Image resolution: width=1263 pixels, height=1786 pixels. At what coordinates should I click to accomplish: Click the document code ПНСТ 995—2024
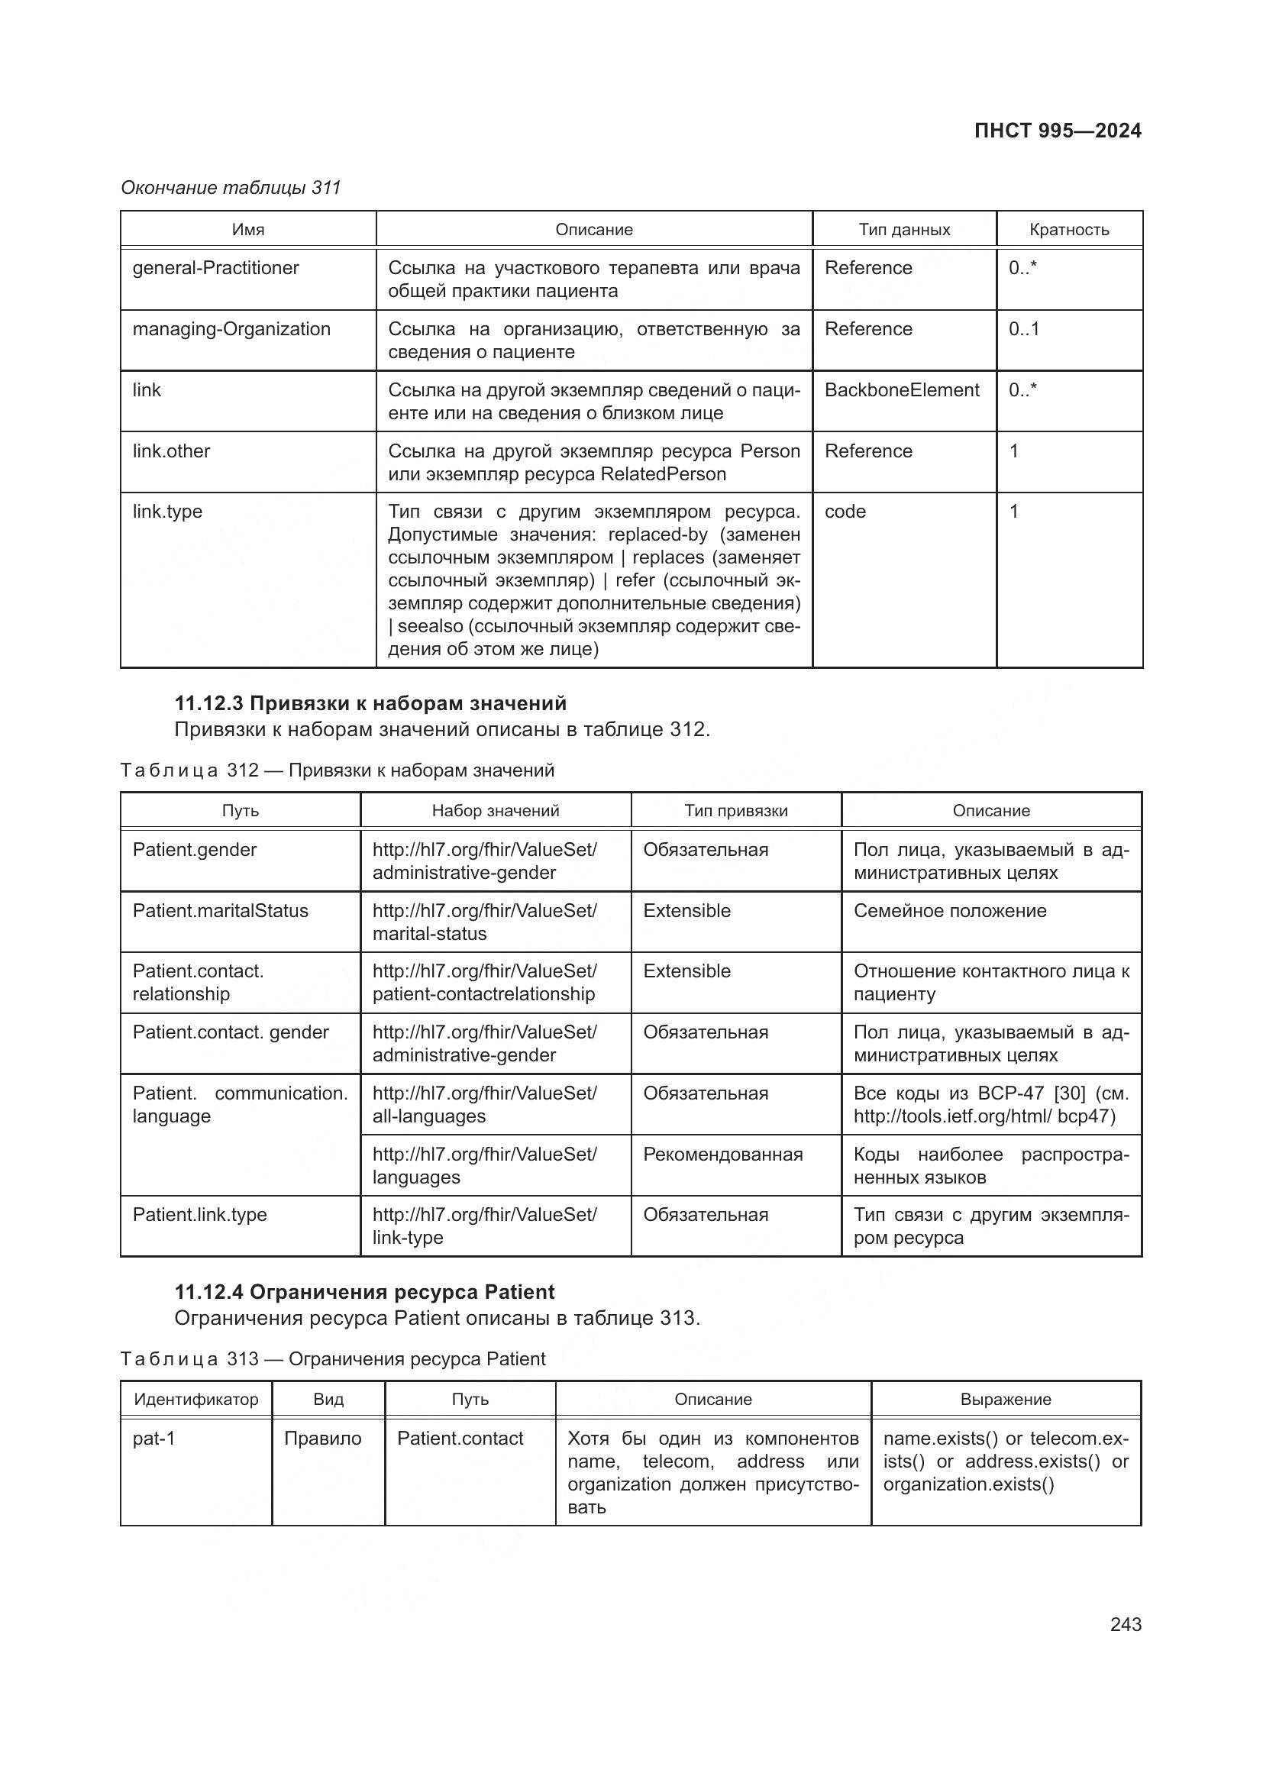tap(1057, 131)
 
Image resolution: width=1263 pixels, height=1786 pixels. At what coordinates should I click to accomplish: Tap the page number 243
tap(1126, 1624)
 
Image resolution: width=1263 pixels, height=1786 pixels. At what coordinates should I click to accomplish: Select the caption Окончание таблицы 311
tap(231, 188)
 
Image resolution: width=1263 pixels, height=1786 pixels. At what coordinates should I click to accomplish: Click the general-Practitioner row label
tap(215, 267)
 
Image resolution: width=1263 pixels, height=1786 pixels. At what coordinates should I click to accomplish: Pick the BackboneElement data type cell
tap(901, 389)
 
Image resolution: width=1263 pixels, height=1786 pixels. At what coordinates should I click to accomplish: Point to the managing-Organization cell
tap(231, 329)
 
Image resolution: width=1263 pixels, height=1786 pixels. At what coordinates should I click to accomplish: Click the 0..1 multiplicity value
tap(1023, 329)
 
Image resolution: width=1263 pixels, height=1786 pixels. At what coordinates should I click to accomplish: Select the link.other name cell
tap(171, 451)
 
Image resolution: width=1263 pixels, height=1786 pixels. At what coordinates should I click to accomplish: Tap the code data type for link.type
tap(845, 512)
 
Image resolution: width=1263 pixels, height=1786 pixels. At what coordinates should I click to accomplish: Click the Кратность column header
tap(1068, 230)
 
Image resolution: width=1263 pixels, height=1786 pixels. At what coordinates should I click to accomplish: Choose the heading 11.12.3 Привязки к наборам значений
tap(370, 703)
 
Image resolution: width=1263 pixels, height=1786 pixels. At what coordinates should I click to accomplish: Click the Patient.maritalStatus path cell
tap(220, 911)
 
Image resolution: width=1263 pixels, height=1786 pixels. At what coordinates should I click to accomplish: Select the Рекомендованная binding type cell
tap(722, 1155)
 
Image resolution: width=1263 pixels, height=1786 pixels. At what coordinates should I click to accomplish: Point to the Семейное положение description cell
tap(950, 911)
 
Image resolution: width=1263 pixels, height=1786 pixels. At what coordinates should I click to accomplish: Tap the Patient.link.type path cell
tap(199, 1215)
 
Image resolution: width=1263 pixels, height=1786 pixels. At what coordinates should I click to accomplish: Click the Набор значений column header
tap(496, 811)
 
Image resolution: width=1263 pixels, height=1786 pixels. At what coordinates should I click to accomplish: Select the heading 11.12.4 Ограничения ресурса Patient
tap(364, 1292)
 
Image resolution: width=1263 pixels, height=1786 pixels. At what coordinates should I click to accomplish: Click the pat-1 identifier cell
tap(154, 1439)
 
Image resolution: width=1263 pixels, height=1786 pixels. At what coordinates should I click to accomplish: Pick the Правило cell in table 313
tap(323, 1439)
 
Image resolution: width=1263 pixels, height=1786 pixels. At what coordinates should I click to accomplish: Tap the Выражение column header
tap(1005, 1400)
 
